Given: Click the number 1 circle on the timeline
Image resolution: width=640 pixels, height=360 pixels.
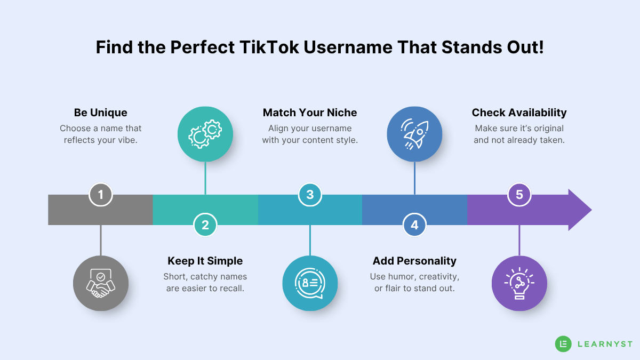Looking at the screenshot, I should coord(101,195).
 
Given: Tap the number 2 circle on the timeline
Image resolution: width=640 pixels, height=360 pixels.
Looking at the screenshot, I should coord(205,225).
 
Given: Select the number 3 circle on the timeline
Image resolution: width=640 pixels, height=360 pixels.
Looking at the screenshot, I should coord(310,195).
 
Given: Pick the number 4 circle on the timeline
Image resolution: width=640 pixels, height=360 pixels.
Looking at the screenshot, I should coord(414,225).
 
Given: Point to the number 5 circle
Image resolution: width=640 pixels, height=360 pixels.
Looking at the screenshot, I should coord(519,195).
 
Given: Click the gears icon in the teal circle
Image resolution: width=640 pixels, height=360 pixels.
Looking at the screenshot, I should coord(205,134).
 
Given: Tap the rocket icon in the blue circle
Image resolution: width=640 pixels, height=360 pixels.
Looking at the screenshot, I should coord(414,134).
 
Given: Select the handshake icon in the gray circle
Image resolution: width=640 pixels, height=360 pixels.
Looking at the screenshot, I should coord(101,283).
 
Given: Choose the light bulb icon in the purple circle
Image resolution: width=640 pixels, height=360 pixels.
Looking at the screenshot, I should coord(519,283).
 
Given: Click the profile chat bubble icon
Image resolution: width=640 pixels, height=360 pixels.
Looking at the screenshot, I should coord(310,283).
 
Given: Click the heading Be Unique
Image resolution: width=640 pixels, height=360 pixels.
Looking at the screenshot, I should coord(101,113).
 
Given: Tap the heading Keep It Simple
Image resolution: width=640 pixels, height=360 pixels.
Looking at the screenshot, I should coord(205,261).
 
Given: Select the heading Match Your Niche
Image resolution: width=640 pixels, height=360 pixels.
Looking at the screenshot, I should coord(310,113).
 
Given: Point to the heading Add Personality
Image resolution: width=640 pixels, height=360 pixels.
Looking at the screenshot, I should coord(414,261).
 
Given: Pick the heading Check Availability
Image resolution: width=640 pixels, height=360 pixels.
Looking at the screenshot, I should coord(519,113).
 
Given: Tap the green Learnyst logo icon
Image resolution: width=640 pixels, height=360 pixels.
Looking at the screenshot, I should coord(563,344).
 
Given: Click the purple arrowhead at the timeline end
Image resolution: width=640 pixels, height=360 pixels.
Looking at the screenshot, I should coord(580,210).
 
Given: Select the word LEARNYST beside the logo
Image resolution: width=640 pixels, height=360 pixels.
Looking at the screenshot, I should coord(605,344).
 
